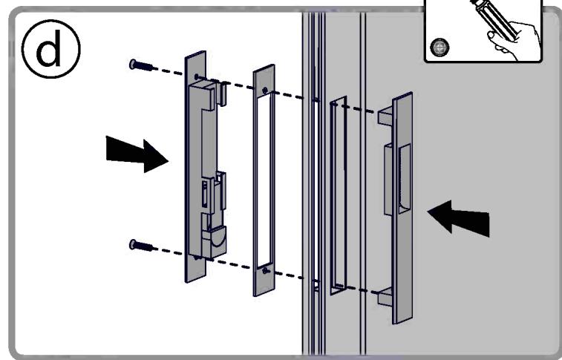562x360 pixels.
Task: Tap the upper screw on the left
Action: [x=140, y=65]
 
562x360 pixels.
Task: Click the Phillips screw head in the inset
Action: [x=441, y=48]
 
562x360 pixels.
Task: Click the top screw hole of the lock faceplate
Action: [x=196, y=76]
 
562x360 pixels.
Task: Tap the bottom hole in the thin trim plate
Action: [x=265, y=272]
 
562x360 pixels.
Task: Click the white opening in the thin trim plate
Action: [x=264, y=178]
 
